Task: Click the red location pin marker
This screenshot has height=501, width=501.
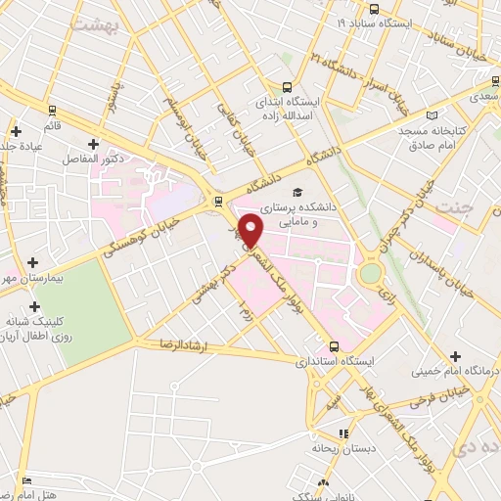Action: pyautogui.click(x=252, y=230)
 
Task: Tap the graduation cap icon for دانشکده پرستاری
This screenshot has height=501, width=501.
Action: pyautogui.click(x=297, y=192)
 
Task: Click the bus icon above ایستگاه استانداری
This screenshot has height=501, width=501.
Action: pyautogui.click(x=336, y=345)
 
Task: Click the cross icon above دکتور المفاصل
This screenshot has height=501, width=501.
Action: pyautogui.click(x=93, y=143)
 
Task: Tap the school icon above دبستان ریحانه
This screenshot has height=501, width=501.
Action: pyautogui.click(x=342, y=433)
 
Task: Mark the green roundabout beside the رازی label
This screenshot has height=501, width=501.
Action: pyautogui.click(x=371, y=273)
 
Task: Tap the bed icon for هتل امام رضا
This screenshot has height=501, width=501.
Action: pyautogui.click(x=26, y=481)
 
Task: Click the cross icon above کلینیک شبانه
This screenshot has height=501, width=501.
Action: pyautogui.click(x=35, y=307)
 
